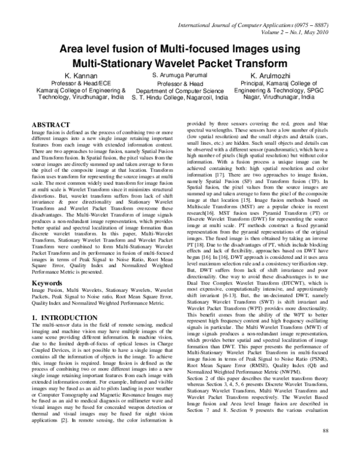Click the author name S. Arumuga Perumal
pos(179,74)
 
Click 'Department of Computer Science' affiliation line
pos(179,90)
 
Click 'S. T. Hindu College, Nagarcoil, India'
pos(179,97)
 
